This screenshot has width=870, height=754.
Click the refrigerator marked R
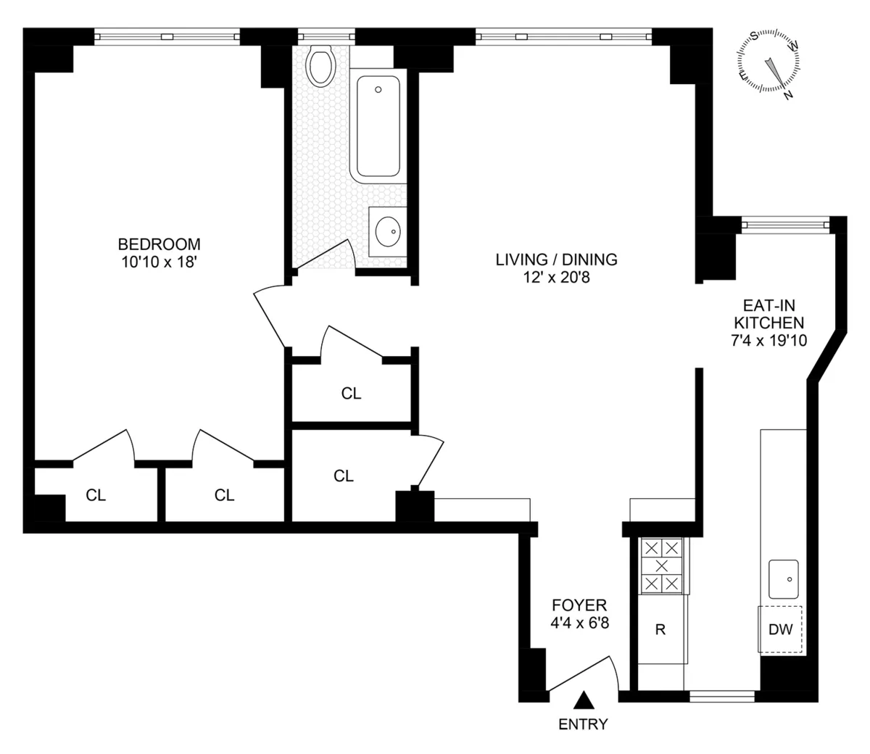[x=660, y=629]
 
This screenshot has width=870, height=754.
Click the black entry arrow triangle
[x=584, y=700]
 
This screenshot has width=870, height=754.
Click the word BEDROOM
[x=159, y=244]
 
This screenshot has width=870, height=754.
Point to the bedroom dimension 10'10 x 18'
[x=159, y=262]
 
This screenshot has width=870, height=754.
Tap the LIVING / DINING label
[x=556, y=259]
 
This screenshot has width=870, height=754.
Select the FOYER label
[x=579, y=605]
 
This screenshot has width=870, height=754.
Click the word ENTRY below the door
[x=583, y=724]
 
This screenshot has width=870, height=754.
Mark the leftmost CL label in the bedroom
[x=96, y=495]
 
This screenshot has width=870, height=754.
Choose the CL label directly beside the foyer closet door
[x=344, y=476]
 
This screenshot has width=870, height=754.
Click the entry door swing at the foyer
[x=586, y=674]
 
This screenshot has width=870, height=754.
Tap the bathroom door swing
[x=326, y=255]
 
